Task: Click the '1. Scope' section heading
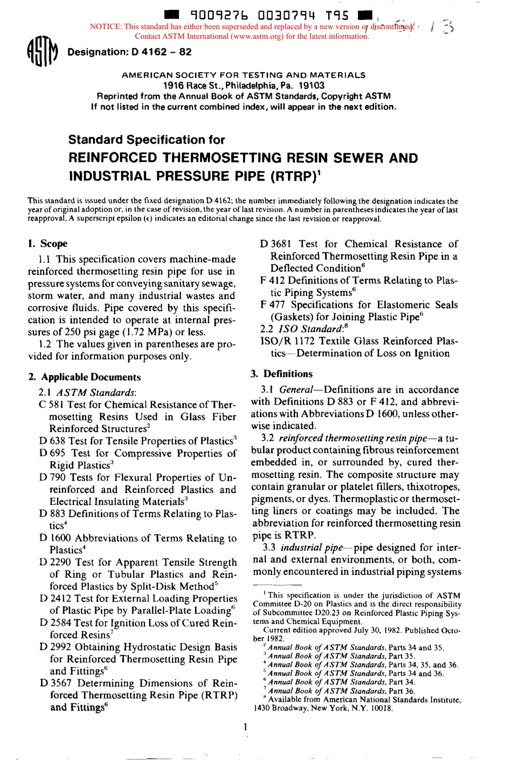(x=47, y=244)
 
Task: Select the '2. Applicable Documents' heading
(x=84, y=377)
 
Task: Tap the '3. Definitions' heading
(x=281, y=374)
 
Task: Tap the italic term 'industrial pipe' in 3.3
(x=312, y=548)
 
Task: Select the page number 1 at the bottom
(x=245, y=727)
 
